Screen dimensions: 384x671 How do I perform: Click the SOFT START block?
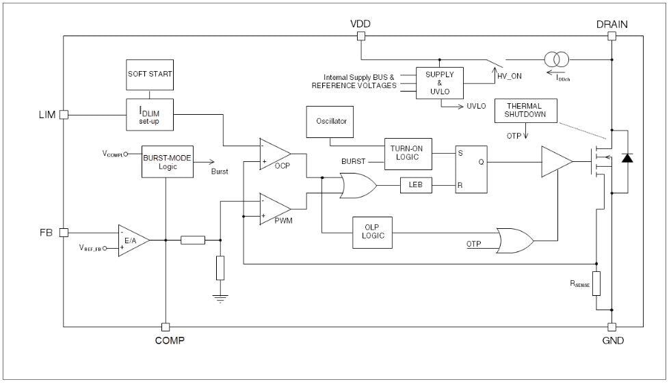point(150,74)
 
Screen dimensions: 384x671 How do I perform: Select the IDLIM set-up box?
point(150,114)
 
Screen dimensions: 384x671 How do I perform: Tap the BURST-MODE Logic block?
point(166,161)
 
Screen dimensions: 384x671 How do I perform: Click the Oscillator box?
point(331,121)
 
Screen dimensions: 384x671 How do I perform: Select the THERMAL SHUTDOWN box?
point(525,111)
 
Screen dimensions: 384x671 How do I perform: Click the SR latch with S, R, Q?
point(471,169)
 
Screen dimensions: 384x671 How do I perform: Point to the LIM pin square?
point(64,115)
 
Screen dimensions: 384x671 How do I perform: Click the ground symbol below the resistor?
point(220,297)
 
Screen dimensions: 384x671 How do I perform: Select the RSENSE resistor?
point(596,283)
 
